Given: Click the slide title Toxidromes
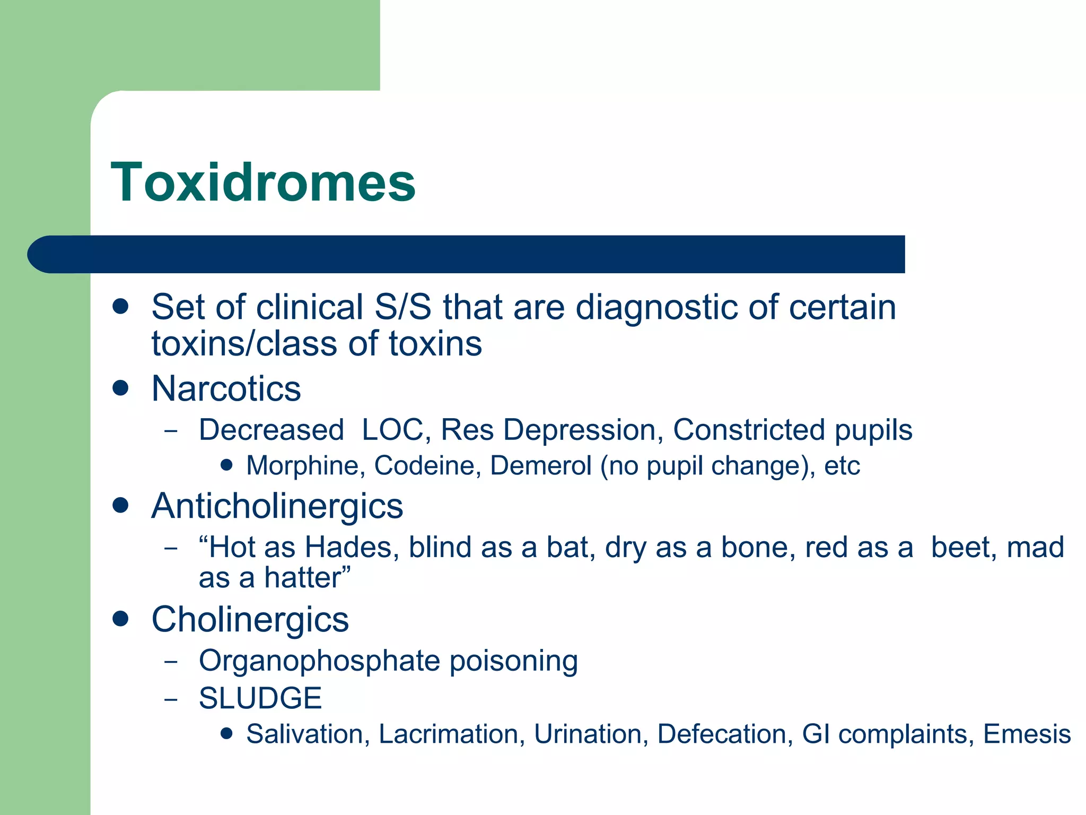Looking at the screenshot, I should [x=263, y=183].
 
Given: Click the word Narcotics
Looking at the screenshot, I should [x=226, y=388].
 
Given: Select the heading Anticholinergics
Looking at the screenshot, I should [x=277, y=506].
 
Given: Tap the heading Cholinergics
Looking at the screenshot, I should [x=250, y=619].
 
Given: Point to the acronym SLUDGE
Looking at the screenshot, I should [x=260, y=698].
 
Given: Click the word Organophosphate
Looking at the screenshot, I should [x=319, y=662].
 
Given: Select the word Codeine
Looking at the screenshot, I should [x=427, y=466].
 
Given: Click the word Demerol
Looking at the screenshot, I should [x=540, y=466].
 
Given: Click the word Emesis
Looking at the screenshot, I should [x=1027, y=734].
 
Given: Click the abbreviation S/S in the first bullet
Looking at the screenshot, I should [x=402, y=307].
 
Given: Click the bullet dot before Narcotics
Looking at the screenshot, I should [x=121, y=388].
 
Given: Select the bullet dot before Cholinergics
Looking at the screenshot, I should [x=121, y=619].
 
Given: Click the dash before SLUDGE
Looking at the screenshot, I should [x=171, y=699].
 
